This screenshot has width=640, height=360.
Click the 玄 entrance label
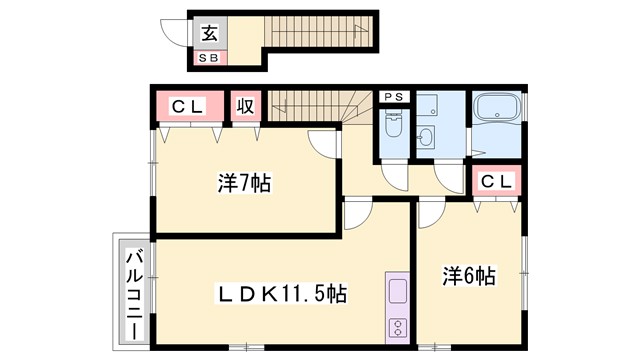pos(211,33)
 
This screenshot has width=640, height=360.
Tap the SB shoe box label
pos(211,58)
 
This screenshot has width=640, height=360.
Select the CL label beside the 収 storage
pos(187,105)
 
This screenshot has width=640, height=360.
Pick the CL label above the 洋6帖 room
pos(497,182)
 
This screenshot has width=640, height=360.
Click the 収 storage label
pos(245,105)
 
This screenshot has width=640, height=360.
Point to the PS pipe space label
pos(393,98)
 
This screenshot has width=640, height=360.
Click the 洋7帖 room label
pos(244,184)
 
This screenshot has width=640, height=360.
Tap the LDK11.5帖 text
pos(284,294)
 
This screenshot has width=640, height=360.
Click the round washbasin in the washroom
pos(427,138)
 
